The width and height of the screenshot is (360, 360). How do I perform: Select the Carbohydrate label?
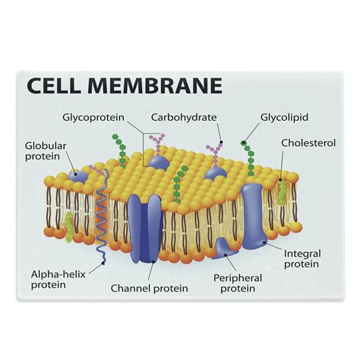pyautogui.click(x=184, y=118)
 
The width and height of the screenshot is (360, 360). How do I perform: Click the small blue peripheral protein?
pyautogui.click(x=227, y=245)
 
